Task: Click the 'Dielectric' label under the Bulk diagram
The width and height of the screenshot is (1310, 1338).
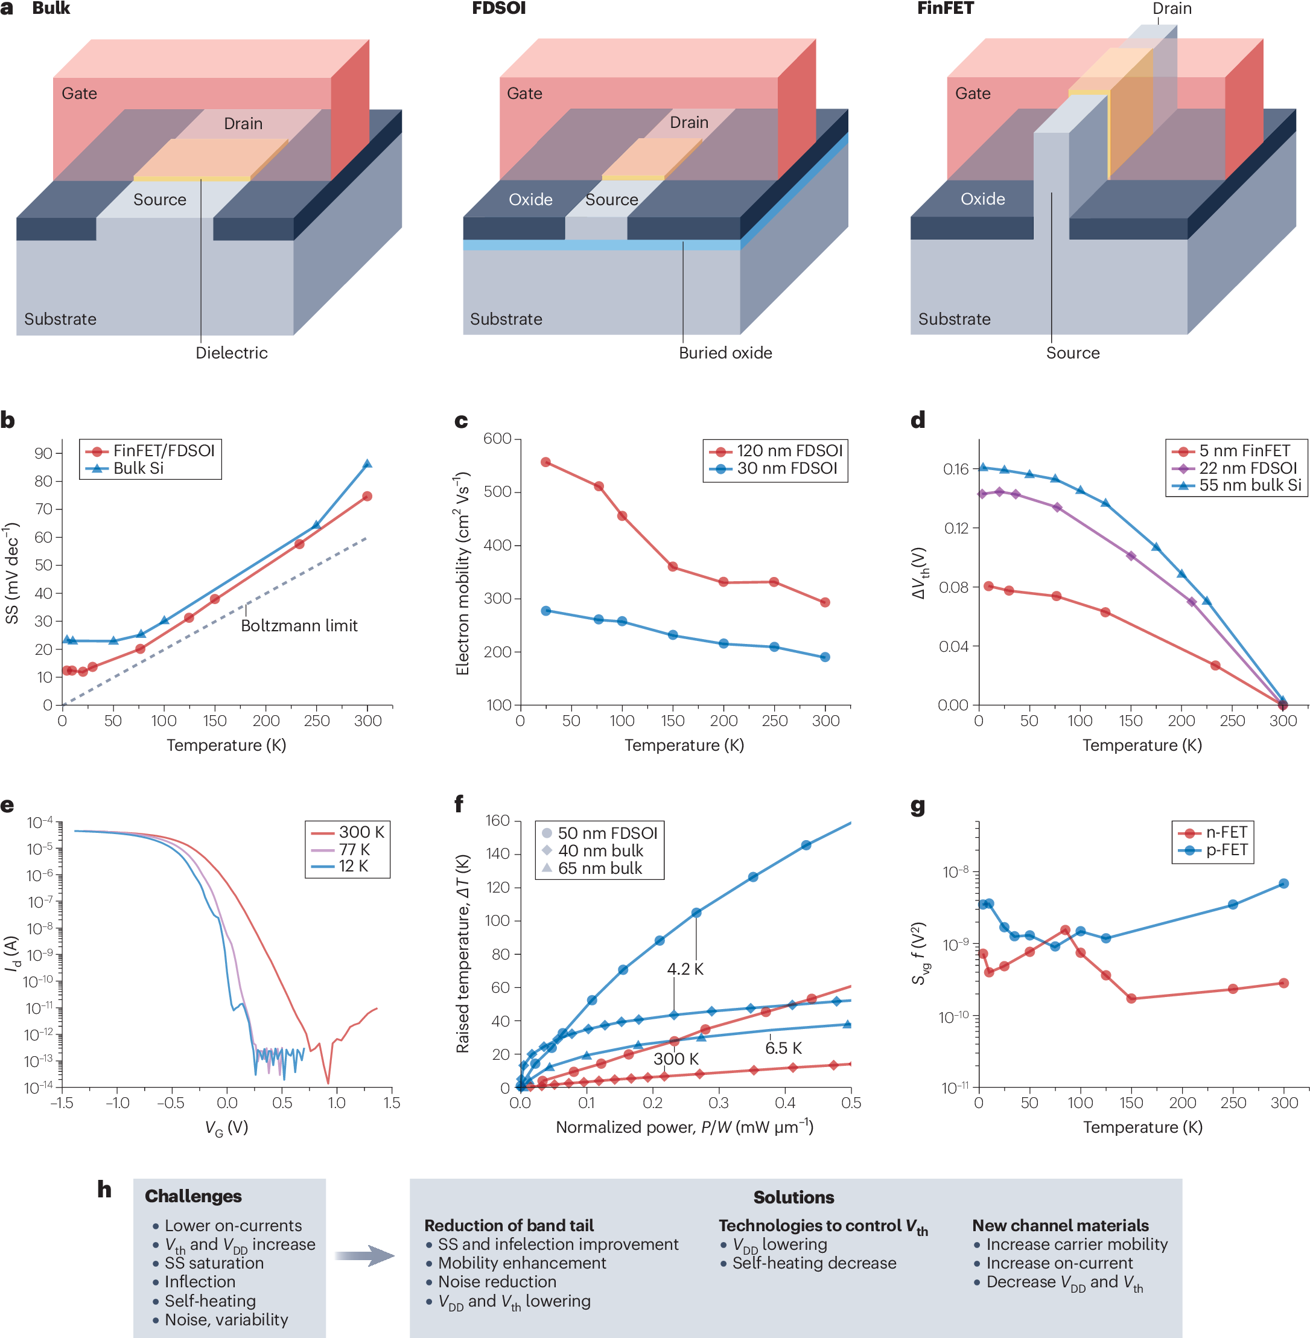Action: [x=231, y=352]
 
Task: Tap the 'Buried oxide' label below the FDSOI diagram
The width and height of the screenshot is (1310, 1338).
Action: [x=725, y=352]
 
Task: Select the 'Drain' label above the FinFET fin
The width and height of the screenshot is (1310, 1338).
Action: [x=1172, y=9]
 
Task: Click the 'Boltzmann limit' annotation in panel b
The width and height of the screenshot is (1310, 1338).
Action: [x=299, y=626]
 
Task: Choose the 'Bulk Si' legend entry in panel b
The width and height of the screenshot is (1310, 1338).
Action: [x=138, y=468]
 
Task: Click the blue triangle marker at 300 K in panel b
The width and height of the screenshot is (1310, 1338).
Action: [x=367, y=464]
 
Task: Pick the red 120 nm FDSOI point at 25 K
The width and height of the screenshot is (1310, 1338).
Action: [x=545, y=462]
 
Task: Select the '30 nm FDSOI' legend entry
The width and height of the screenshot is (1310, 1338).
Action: [x=786, y=468]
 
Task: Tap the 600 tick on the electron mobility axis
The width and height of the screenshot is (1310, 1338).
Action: [x=497, y=438]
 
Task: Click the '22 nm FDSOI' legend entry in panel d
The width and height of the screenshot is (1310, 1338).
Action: [x=1247, y=468]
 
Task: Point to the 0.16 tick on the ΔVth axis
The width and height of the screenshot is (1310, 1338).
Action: [x=955, y=470]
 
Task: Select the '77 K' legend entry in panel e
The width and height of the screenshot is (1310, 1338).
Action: [x=354, y=849]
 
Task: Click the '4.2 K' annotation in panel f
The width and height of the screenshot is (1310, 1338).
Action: [x=685, y=969]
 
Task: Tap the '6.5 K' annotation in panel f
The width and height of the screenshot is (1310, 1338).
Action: [x=783, y=1048]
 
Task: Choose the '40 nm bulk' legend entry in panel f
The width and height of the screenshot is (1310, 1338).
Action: [x=600, y=851]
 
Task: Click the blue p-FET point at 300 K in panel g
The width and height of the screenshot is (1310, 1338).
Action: [x=1283, y=883]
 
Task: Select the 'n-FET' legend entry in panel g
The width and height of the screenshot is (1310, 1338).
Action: [x=1226, y=832]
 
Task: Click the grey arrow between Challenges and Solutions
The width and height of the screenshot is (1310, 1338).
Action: [x=364, y=1255]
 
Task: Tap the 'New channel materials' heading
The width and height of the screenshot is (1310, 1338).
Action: [x=1060, y=1225]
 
